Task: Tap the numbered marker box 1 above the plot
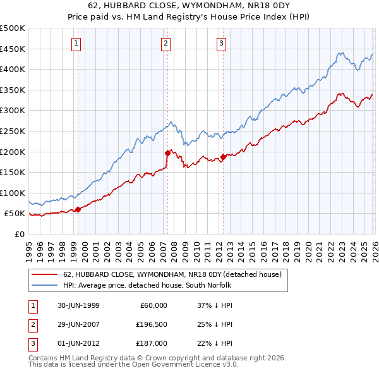[x=76, y=44]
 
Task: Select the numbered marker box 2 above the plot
[x=165, y=44]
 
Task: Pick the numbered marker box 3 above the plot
[x=222, y=44]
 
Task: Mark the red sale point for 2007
[x=167, y=153]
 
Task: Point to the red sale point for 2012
[x=224, y=157]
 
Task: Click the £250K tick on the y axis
[x=13, y=131]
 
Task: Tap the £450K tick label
[x=13, y=49]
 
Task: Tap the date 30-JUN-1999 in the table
[x=77, y=305]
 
